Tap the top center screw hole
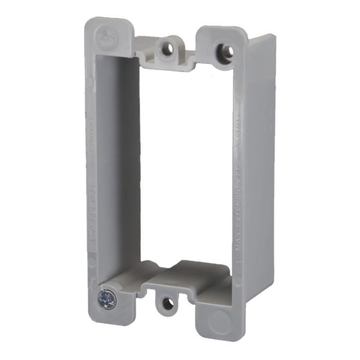166,49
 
